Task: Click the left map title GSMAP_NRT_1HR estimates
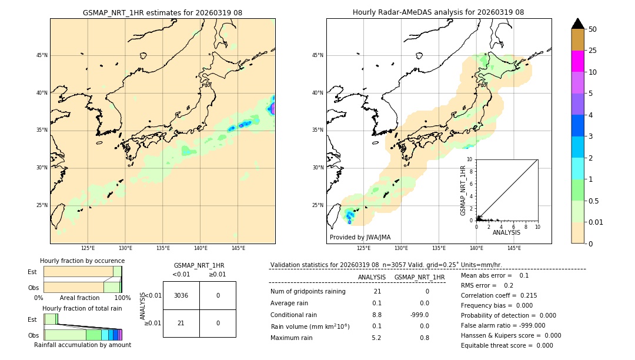tap(162, 12)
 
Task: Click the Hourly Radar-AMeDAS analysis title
tap(438, 12)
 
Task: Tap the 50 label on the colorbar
tap(593, 29)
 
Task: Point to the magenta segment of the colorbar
tap(577, 61)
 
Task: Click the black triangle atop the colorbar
tap(577, 24)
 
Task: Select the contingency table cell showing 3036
tap(181, 295)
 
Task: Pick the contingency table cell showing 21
tap(181, 323)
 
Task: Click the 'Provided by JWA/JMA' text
tap(360, 237)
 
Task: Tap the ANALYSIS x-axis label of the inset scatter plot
tap(506, 232)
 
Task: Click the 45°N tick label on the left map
tap(42, 55)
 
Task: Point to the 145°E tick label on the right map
tap(514, 248)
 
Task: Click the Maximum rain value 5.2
tap(376, 338)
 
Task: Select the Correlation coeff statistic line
tap(499, 295)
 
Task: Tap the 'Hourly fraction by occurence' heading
tap(82, 261)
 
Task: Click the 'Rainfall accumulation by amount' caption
tap(82, 345)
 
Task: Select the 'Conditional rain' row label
tap(294, 315)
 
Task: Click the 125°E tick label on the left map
tap(88, 248)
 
